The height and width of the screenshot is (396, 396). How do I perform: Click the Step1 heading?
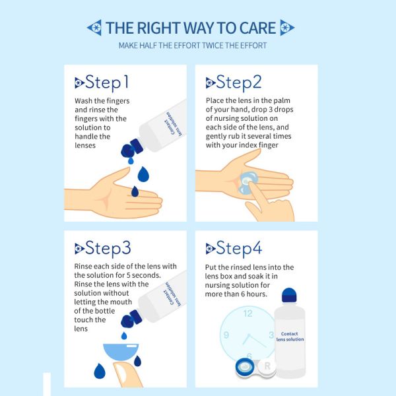(102, 82)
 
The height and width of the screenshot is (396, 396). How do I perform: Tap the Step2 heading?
(234, 82)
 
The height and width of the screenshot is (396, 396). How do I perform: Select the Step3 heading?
(103, 249)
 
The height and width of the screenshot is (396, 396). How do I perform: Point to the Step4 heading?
(234, 249)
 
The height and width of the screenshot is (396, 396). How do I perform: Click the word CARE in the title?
(257, 28)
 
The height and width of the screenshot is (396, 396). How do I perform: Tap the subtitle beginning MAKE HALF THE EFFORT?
(193, 46)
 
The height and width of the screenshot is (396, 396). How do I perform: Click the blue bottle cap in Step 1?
(132, 148)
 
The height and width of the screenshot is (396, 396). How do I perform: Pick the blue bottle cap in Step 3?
(132, 319)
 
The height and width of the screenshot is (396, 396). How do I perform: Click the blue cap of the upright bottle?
(289, 295)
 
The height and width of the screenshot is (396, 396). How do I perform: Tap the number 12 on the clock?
(247, 313)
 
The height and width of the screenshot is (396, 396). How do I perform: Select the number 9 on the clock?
(226, 335)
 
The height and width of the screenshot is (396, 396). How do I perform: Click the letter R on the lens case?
(267, 366)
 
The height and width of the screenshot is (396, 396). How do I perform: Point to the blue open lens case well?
(245, 368)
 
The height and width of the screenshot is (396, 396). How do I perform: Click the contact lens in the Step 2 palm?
(247, 183)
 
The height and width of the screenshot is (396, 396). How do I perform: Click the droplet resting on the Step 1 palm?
(135, 191)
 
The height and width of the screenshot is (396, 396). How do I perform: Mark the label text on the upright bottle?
(290, 337)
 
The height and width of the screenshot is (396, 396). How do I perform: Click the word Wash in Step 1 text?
(84, 101)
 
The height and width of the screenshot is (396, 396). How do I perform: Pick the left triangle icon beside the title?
(94, 28)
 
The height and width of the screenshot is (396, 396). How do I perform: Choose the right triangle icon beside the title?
(287, 28)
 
